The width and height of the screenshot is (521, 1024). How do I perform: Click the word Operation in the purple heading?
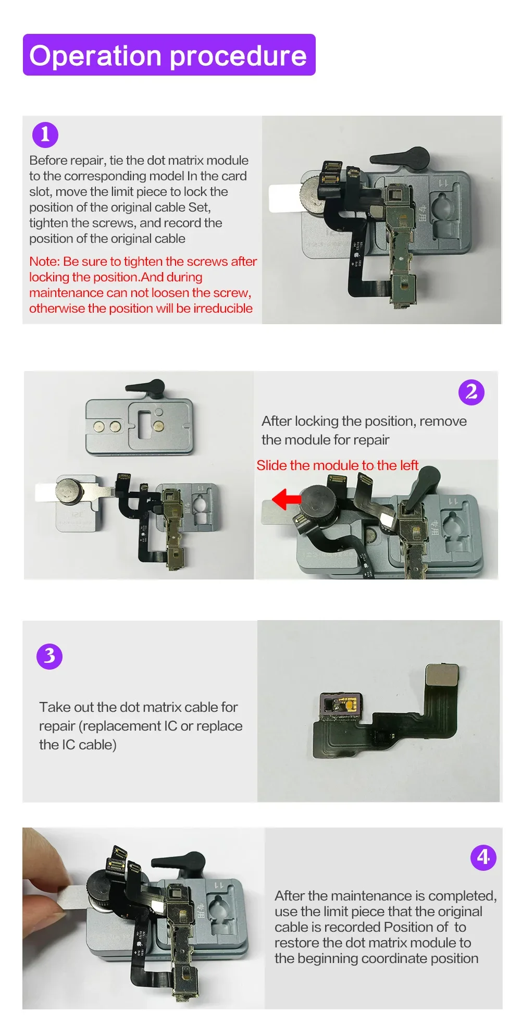95,56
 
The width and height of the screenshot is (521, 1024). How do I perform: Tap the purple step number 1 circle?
45,134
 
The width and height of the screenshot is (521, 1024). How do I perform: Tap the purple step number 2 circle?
472,392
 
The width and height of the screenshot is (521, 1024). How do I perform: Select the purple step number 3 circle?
49,656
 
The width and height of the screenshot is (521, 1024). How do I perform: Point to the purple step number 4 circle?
483,857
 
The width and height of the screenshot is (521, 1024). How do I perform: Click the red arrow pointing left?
286,499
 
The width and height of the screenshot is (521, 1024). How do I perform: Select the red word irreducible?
223,308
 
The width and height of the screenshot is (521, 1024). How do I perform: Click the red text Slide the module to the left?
338,465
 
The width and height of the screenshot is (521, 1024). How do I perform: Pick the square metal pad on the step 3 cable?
443,675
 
